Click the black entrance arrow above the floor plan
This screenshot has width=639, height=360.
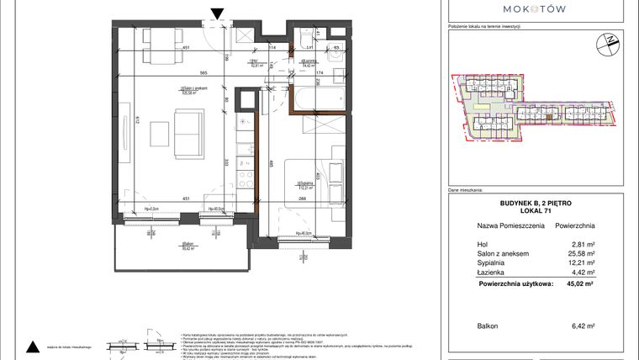218,13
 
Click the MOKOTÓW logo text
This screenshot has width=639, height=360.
535,8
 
